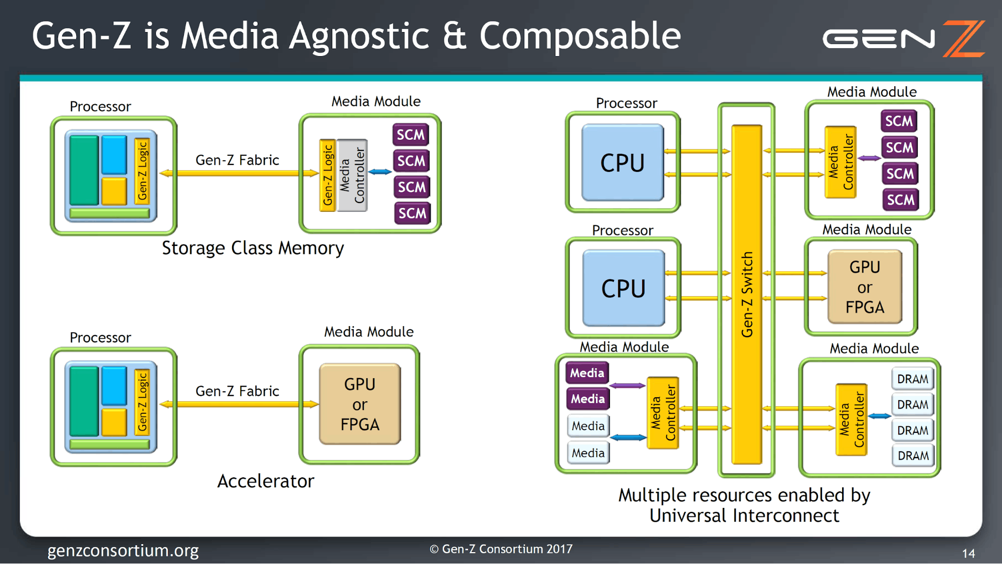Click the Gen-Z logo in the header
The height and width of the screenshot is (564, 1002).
tap(903, 39)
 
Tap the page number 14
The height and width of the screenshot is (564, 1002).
tap(968, 553)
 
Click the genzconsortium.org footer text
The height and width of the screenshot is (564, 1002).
tap(123, 550)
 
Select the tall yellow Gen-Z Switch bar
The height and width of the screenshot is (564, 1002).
tap(747, 295)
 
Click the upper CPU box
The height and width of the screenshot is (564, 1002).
tap(623, 162)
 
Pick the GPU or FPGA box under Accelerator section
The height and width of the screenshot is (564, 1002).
tap(360, 404)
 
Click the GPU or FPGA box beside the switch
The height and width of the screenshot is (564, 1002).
tap(865, 287)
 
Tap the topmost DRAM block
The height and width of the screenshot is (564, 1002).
tap(913, 379)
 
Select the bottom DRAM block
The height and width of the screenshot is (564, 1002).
tap(913, 455)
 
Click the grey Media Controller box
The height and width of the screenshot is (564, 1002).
tap(352, 175)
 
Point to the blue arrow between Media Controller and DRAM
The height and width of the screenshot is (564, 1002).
tap(879, 416)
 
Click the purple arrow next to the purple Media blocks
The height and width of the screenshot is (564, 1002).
tap(627, 386)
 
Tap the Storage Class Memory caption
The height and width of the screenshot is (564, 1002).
tap(253, 248)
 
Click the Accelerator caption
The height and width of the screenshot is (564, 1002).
tap(266, 481)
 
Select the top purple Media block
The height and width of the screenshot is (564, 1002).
tap(587, 373)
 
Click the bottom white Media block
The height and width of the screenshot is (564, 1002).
tap(588, 453)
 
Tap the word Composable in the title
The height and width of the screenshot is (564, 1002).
tap(580, 36)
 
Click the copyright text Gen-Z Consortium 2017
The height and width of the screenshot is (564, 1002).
tap(501, 549)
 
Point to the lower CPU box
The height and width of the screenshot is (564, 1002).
tap(624, 288)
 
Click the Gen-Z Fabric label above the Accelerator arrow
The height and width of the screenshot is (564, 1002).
tap(237, 391)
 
